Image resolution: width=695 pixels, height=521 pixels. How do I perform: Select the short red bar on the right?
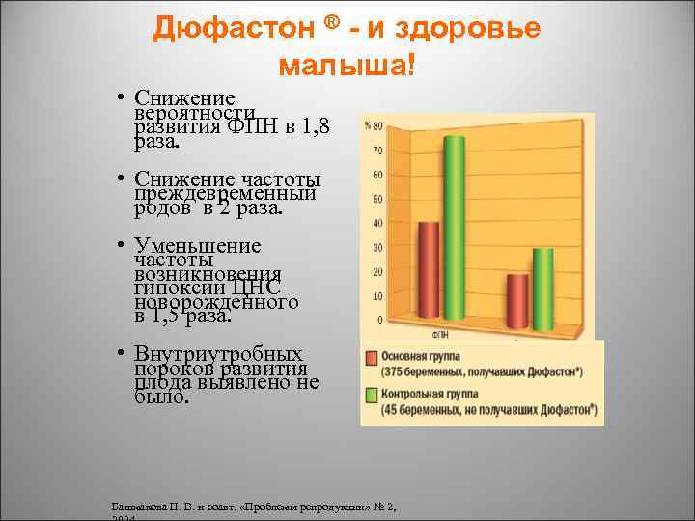pos(518,299)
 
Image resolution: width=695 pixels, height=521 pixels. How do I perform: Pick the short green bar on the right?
pos(543,287)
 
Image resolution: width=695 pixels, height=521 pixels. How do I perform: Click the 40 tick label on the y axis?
pos(376,224)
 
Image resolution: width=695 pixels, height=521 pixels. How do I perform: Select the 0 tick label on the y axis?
pos(379,320)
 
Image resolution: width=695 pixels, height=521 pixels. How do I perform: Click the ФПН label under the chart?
pos(439,337)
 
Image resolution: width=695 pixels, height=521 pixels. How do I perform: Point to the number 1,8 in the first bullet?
pos(314,126)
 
